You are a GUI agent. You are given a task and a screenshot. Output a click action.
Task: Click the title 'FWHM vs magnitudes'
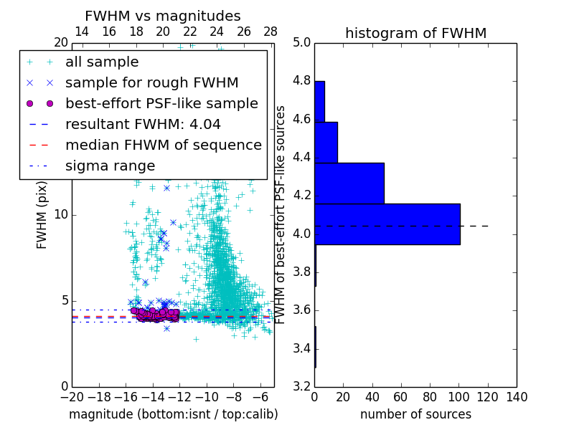click(162, 16)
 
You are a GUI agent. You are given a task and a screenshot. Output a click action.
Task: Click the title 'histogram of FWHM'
click(415, 33)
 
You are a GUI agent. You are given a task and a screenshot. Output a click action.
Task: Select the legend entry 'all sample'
click(102, 62)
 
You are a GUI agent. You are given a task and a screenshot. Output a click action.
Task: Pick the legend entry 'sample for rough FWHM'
click(151, 82)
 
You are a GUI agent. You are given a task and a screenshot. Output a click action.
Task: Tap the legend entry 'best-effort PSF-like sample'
click(161, 103)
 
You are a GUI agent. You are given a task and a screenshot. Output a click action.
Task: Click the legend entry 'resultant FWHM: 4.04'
click(143, 124)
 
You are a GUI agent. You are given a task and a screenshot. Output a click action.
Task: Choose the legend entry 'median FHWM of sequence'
click(163, 145)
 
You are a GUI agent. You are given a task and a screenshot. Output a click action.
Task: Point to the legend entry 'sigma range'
click(110, 166)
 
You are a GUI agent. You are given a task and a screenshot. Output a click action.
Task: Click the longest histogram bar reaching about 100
click(387, 224)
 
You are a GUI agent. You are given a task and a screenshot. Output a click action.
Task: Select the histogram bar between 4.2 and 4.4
click(349, 183)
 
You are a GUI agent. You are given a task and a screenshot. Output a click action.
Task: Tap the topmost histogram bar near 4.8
click(319, 101)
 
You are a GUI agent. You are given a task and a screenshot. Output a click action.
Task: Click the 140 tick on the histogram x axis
click(517, 397)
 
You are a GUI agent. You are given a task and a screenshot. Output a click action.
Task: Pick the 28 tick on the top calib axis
click(270, 32)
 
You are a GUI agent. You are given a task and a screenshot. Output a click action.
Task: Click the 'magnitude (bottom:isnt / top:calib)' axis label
click(173, 414)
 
